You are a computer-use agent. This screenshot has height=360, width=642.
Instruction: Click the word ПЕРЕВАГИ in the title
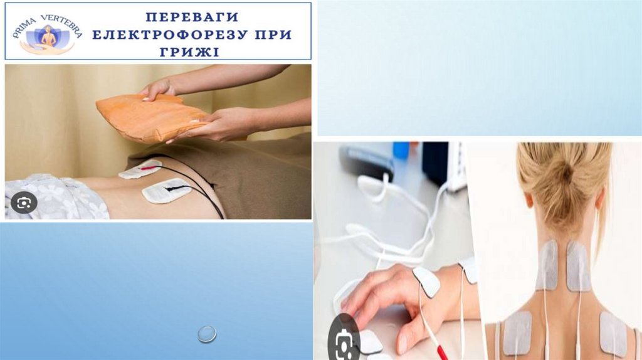click(x=192, y=17)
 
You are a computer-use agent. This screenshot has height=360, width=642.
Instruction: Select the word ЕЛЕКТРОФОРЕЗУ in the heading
click(x=170, y=34)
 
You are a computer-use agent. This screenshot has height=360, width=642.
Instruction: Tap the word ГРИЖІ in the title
click(x=189, y=52)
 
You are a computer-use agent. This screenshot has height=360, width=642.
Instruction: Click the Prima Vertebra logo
click(x=48, y=34)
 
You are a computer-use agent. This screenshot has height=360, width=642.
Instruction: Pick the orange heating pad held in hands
click(x=152, y=117)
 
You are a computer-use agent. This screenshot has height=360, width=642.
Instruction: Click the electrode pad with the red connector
click(x=140, y=169)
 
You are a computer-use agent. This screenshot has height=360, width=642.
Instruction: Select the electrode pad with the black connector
click(x=166, y=191)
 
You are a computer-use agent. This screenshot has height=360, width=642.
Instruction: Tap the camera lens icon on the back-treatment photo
click(x=24, y=203)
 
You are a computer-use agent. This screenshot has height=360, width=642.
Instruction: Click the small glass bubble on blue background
click(x=207, y=334)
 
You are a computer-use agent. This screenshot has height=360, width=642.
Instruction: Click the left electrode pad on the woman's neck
click(x=547, y=265)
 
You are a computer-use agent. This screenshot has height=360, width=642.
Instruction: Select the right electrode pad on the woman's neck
click(x=579, y=266)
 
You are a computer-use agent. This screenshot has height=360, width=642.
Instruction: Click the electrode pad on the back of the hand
click(x=426, y=282)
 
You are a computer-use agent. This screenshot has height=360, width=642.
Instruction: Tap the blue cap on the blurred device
click(x=401, y=151)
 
